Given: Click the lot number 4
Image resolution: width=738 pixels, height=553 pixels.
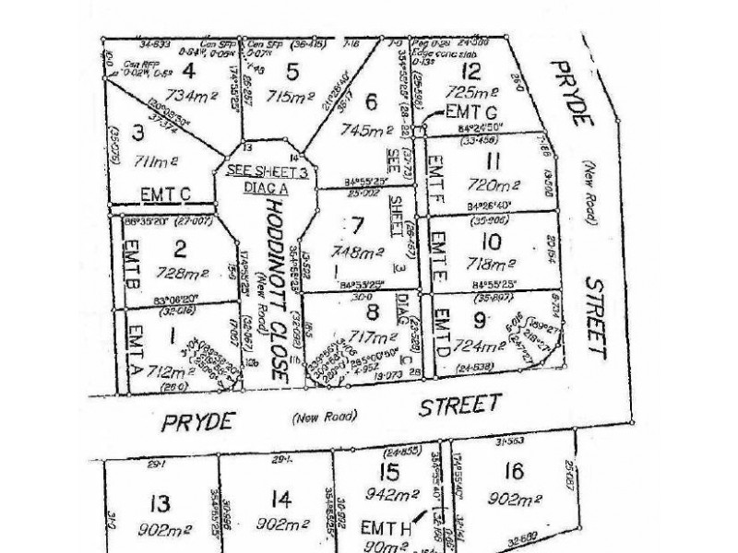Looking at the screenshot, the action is click(189, 70).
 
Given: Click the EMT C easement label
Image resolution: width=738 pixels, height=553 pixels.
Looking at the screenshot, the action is click(166, 194).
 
